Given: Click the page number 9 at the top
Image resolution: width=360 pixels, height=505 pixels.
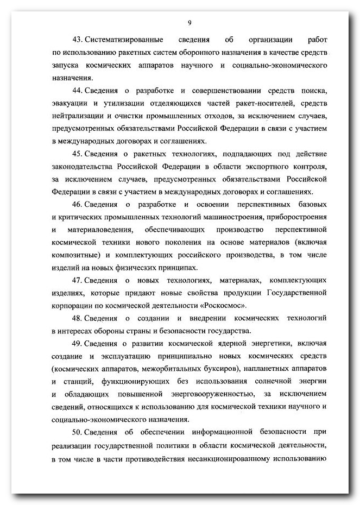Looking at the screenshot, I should pyautogui.click(x=190, y=22).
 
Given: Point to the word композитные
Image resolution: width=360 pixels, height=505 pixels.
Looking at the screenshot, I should pyautogui.click(x=76, y=255).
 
